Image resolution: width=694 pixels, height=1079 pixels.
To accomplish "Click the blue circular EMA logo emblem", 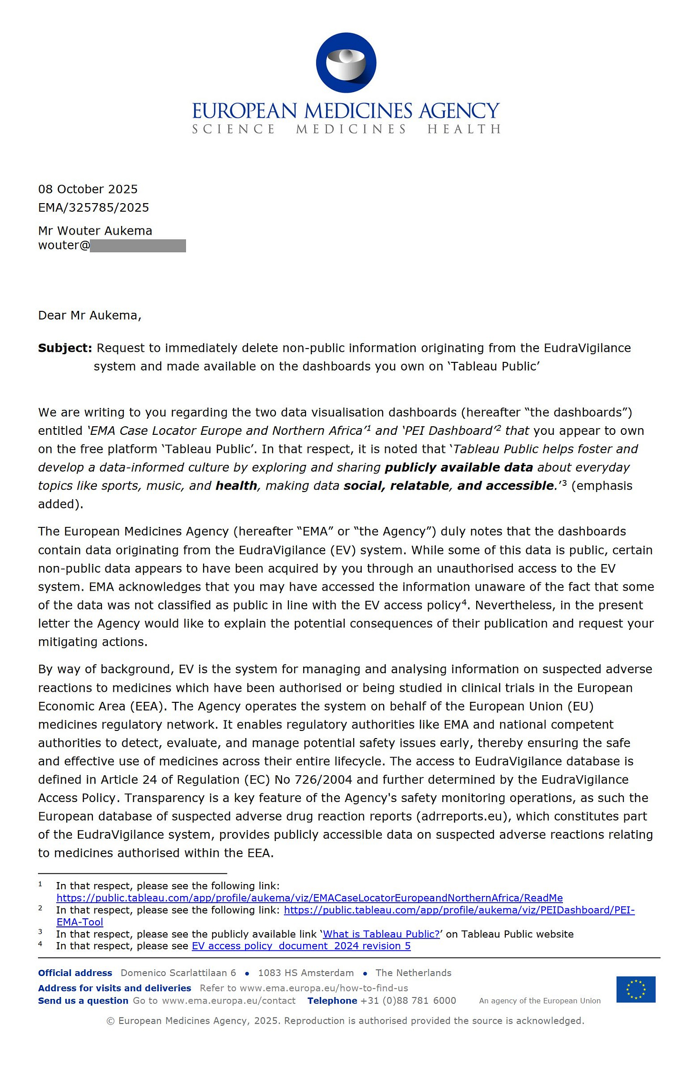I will [346, 62].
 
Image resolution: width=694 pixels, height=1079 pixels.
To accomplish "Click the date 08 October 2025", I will [88, 189].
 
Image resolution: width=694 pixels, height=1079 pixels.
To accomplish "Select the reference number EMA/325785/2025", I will [93, 207].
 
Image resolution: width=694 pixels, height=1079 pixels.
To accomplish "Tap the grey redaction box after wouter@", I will [138, 246].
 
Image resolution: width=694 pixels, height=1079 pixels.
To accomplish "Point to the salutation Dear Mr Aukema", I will [90, 316].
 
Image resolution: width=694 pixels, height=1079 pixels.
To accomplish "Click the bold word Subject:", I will [65, 348].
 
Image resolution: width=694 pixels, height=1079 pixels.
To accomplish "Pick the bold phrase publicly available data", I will [459, 467].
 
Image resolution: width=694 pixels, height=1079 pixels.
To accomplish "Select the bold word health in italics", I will [236, 486].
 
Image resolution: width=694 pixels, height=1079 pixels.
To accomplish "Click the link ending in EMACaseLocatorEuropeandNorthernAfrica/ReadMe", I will [309, 898].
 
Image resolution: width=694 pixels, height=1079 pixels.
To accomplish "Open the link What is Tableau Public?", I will [381, 934].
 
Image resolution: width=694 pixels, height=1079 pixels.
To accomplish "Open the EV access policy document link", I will [301, 946].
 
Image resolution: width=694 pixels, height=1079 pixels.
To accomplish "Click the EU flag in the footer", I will [635, 989].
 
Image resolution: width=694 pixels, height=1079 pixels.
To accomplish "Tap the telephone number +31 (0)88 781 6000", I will [408, 1001].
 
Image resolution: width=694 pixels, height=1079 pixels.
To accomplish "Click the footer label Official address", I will [75, 973].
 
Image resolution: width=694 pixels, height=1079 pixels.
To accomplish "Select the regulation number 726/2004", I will [323, 780].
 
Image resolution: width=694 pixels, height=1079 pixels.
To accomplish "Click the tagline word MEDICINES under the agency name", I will [351, 129].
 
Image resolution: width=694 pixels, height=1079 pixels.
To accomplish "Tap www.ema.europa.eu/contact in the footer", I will [228, 1001].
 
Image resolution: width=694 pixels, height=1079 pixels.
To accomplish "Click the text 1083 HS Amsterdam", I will [306, 973].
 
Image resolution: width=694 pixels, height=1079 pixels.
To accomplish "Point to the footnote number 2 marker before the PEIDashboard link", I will [41, 908].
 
